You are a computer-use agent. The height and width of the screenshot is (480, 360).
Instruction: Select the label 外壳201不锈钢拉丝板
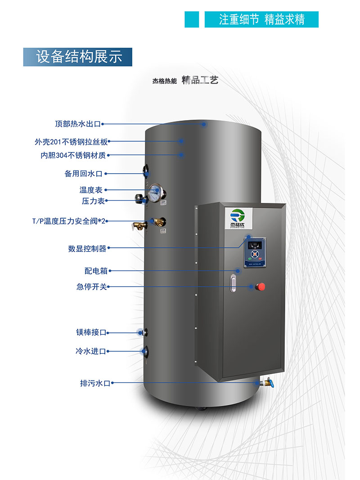click(71, 141)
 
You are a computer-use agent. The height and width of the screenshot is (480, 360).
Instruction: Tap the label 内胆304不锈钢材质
click(73, 156)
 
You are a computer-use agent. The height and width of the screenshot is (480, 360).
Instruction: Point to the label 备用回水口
click(84, 173)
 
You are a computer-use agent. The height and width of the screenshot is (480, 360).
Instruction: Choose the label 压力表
click(93, 201)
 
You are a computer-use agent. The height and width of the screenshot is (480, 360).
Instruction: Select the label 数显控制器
click(87, 248)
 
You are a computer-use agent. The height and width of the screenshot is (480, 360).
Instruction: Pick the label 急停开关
click(92, 287)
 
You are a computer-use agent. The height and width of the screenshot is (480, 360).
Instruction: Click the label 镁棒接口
click(91, 333)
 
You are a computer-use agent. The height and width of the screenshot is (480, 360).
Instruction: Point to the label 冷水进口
click(91, 351)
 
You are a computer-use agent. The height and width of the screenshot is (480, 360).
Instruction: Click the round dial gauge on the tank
click(153, 191)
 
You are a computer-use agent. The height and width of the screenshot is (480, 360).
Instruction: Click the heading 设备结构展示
click(78, 57)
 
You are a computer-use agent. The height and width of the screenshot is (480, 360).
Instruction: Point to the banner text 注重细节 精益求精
click(261, 20)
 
